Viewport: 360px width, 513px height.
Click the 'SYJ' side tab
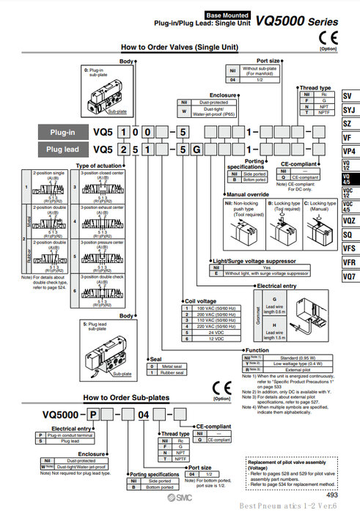coord(348,110)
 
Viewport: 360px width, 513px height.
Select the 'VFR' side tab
coord(348,262)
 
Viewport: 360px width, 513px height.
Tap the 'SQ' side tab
coord(348,234)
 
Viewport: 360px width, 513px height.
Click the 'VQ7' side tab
coord(348,277)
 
